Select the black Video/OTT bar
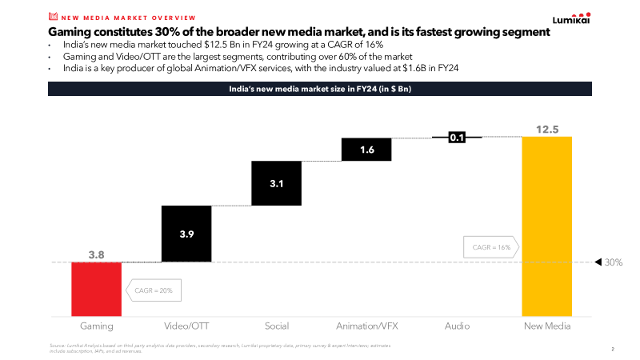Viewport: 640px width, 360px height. (x=186, y=234)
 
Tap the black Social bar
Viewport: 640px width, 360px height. (x=276, y=184)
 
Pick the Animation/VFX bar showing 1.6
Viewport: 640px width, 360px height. (x=366, y=150)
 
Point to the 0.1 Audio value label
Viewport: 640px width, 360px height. (x=457, y=138)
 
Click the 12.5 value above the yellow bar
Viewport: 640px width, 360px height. (x=546, y=129)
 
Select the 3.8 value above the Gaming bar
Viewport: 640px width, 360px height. (x=97, y=254)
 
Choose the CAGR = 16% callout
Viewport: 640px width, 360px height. (x=489, y=247)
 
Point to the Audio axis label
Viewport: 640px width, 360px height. (x=457, y=326)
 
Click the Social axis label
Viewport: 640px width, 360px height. (x=276, y=326)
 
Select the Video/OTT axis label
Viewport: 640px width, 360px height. (x=186, y=326)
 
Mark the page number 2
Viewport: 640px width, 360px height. (x=613, y=349)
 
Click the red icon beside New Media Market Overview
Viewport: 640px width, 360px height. (x=53, y=16)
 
